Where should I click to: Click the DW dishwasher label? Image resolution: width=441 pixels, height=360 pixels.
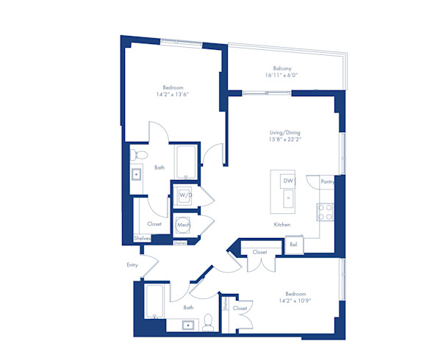point(288,181)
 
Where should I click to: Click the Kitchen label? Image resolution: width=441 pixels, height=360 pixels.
point(282,224)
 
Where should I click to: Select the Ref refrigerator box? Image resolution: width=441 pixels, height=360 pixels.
point(293,244)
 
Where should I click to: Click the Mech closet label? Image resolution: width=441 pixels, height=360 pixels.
point(183,225)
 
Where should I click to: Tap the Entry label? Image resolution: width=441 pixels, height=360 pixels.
point(132,265)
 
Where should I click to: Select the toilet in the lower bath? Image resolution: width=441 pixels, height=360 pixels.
point(209,320)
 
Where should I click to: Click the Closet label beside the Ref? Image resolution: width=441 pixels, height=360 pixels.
point(259,252)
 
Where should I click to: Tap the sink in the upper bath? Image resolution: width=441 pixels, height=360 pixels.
point(137,175)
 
